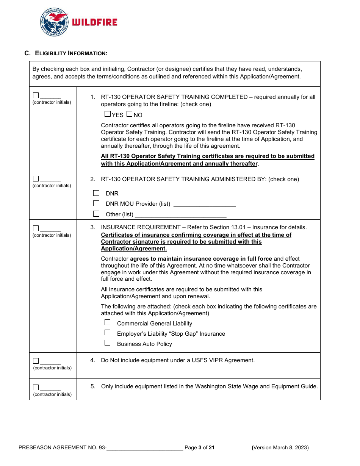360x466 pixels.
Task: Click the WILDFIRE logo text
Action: [x=95, y=22]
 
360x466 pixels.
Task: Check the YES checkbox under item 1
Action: [x=107, y=114]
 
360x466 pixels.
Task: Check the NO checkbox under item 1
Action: [x=129, y=114]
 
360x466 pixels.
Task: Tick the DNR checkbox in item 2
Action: [x=96, y=193]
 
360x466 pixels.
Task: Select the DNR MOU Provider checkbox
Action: [x=96, y=203]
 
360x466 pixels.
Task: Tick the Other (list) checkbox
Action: [x=96, y=214]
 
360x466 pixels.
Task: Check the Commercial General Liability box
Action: [x=108, y=322]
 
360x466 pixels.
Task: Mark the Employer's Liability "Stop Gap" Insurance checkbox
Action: [x=108, y=333]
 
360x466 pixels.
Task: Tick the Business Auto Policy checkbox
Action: [x=108, y=343]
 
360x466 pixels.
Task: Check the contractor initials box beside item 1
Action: [x=36, y=95]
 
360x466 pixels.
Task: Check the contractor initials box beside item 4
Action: [x=36, y=361]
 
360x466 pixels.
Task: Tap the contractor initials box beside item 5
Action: [x=36, y=387]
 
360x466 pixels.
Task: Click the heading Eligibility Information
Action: [x=71, y=53]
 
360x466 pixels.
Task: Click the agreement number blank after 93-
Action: [x=145, y=448]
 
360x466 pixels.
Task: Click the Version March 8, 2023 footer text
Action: [x=280, y=448]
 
